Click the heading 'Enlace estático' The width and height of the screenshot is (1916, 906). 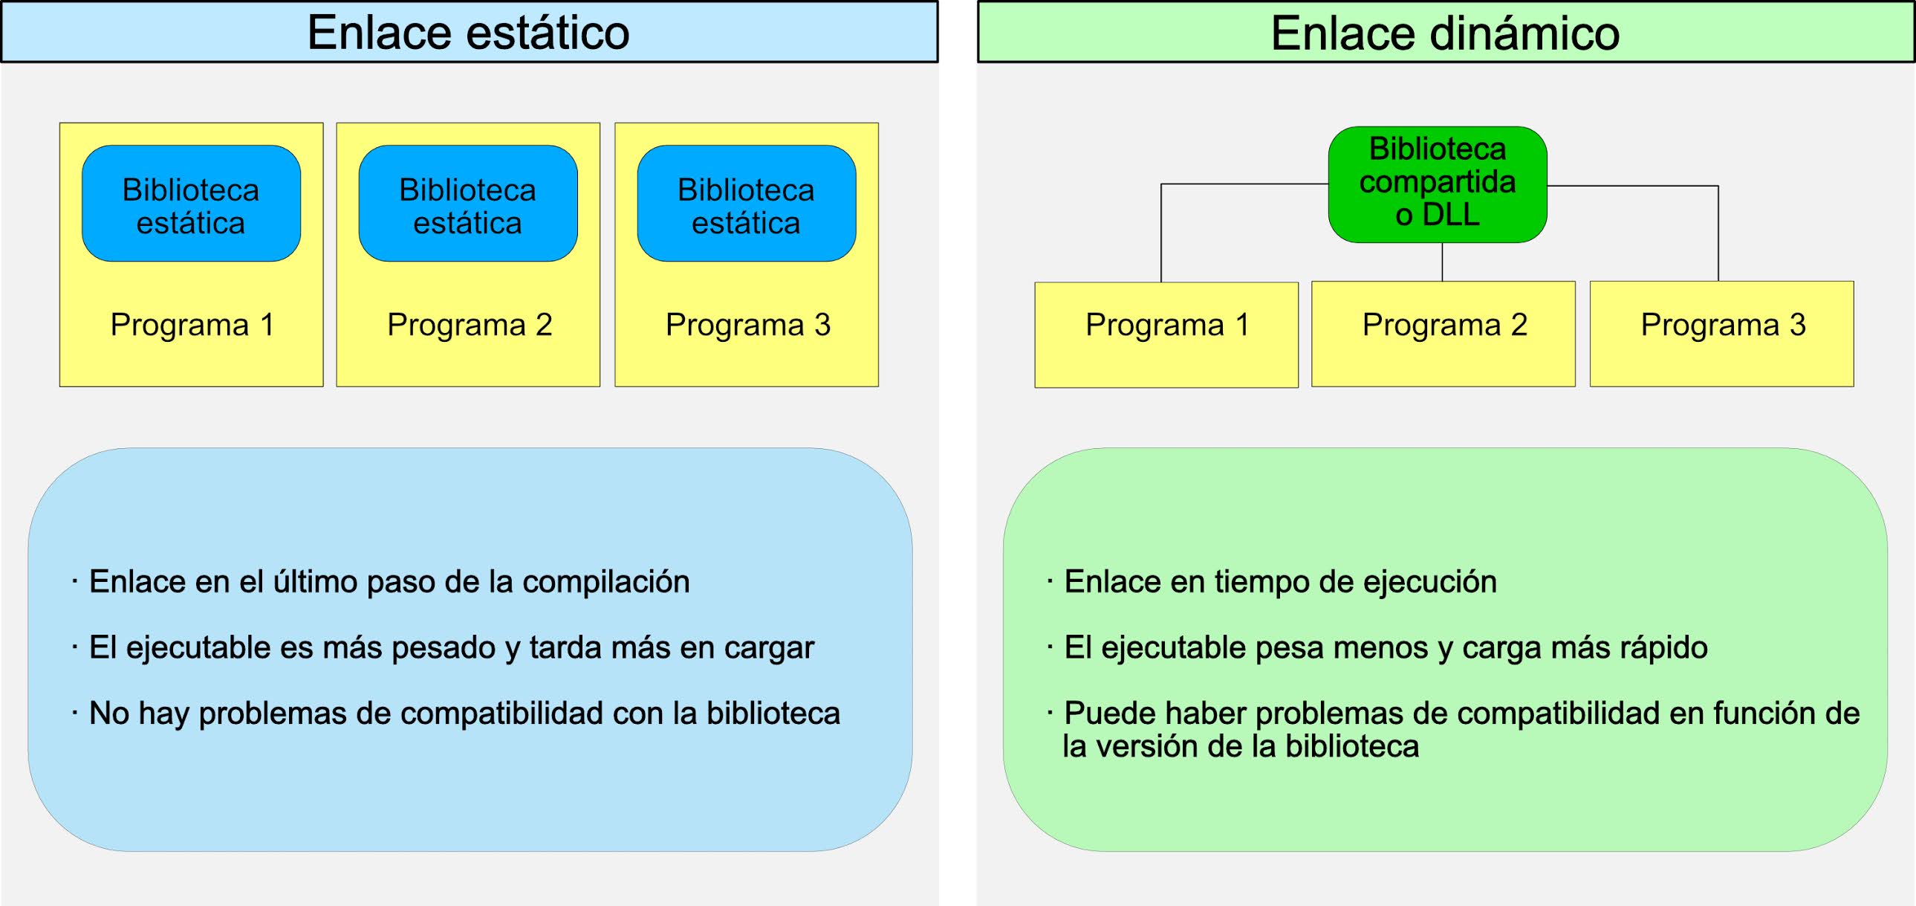click(469, 33)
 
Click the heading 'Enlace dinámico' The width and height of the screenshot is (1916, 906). click(1444, 33)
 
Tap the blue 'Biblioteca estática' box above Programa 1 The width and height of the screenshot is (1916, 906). click(191, 204)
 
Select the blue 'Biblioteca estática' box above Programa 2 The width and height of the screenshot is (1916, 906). click(468, 204)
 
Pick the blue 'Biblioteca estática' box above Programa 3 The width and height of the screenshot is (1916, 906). click(746, 204)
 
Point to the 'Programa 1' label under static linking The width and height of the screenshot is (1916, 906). click(192, 325)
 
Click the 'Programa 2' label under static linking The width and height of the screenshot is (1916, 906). click(470, 325)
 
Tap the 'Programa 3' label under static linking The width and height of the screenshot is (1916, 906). click(747, 325)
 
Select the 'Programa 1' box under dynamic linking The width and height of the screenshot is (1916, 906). click(1166, 334)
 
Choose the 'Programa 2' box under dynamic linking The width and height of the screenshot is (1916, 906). click(1443, 334)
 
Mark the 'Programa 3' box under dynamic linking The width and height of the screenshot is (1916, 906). click(1721, 334)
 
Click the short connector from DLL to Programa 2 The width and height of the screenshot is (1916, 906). click(1442, 262)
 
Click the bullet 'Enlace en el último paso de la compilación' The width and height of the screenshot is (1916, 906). click(389, 582)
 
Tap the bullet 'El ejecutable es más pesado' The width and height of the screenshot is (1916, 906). click(452, 647)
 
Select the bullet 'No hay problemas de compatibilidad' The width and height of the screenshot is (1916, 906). click(464, 713)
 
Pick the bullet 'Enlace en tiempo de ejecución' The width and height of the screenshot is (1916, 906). click(1279, 582)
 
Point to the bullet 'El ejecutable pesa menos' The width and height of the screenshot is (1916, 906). click(1385, 647)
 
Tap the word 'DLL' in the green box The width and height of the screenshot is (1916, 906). click(1450, 215)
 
